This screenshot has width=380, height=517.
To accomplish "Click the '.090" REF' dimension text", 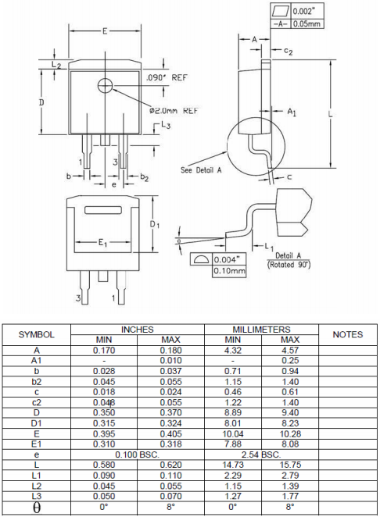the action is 167,78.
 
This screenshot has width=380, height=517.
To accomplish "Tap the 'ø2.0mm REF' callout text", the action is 174,110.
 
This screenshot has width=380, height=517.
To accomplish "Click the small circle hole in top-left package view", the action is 106,86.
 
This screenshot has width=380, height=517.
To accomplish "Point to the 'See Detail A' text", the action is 201,170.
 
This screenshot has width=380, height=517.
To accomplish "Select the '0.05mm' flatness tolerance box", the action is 307,23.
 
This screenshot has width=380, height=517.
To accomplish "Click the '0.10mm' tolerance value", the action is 229,271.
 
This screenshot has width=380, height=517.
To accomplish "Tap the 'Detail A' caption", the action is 289,255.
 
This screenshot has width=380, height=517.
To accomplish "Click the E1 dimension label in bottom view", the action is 102,243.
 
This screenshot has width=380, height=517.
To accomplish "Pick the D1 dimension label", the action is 155,225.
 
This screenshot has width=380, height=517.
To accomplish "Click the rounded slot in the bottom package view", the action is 103,210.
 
